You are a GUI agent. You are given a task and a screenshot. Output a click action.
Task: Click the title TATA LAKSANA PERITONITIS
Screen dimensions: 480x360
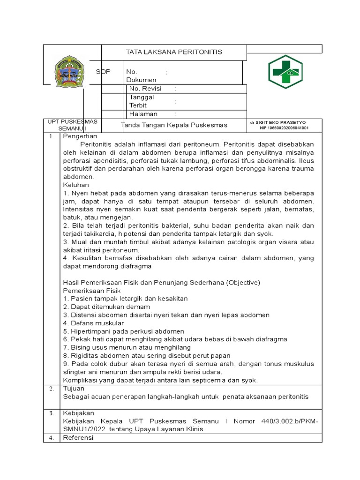[174, 52]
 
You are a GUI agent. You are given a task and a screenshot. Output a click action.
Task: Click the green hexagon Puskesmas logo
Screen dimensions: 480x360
[286, 72]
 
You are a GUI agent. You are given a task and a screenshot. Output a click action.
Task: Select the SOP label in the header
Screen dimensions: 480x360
[103, 72]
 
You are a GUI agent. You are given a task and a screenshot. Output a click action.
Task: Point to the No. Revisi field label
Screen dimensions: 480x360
[145, 89]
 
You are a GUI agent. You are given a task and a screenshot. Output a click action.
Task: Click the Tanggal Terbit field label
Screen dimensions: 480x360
[142, 101]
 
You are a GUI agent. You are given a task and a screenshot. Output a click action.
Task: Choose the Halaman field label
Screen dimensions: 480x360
[143, 114]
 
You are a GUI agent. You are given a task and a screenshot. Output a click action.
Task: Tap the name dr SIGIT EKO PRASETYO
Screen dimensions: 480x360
[277, 122]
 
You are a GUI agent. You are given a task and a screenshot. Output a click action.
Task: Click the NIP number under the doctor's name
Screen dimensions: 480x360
[284, 127]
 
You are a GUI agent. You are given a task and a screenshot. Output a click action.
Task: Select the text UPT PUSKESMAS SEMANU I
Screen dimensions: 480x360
[72, 125]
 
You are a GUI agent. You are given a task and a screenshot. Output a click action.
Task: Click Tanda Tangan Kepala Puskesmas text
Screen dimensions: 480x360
[174, 125]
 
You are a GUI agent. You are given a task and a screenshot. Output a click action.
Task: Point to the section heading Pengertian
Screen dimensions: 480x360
[80, 136]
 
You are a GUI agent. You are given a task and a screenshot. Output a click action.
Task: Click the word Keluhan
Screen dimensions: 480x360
[76, 185]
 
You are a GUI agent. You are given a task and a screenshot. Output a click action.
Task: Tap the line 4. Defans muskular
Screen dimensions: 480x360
[93, 323]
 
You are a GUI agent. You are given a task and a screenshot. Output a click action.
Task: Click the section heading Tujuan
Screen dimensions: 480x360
[73, 389]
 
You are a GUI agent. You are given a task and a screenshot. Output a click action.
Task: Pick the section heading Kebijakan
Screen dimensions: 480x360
[78, 413]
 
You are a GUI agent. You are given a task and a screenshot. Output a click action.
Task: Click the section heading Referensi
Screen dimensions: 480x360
[78, 438]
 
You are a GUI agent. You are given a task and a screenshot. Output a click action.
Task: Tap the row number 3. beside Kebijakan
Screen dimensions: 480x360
[52, 413]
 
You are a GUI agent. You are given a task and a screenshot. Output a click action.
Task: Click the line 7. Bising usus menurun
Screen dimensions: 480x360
[127, 347]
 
